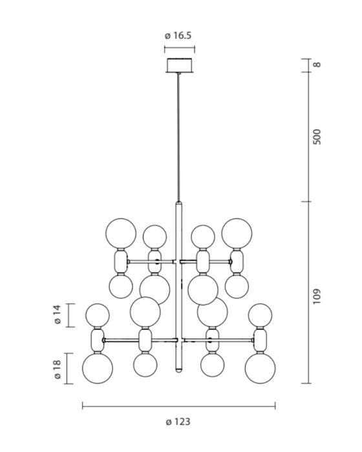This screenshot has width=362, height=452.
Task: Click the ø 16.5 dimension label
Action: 180,36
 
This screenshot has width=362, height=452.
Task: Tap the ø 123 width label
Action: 178,422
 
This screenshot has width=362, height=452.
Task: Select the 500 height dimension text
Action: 317,136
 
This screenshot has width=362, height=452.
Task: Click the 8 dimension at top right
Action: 317,65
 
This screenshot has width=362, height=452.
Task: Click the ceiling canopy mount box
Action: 180,66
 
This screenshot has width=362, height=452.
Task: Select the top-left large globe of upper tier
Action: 121,233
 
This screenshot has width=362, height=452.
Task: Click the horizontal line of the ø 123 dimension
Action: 178,406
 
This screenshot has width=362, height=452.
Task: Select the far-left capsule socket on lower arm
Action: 98,340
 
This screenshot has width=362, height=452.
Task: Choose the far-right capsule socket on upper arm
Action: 236,262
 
